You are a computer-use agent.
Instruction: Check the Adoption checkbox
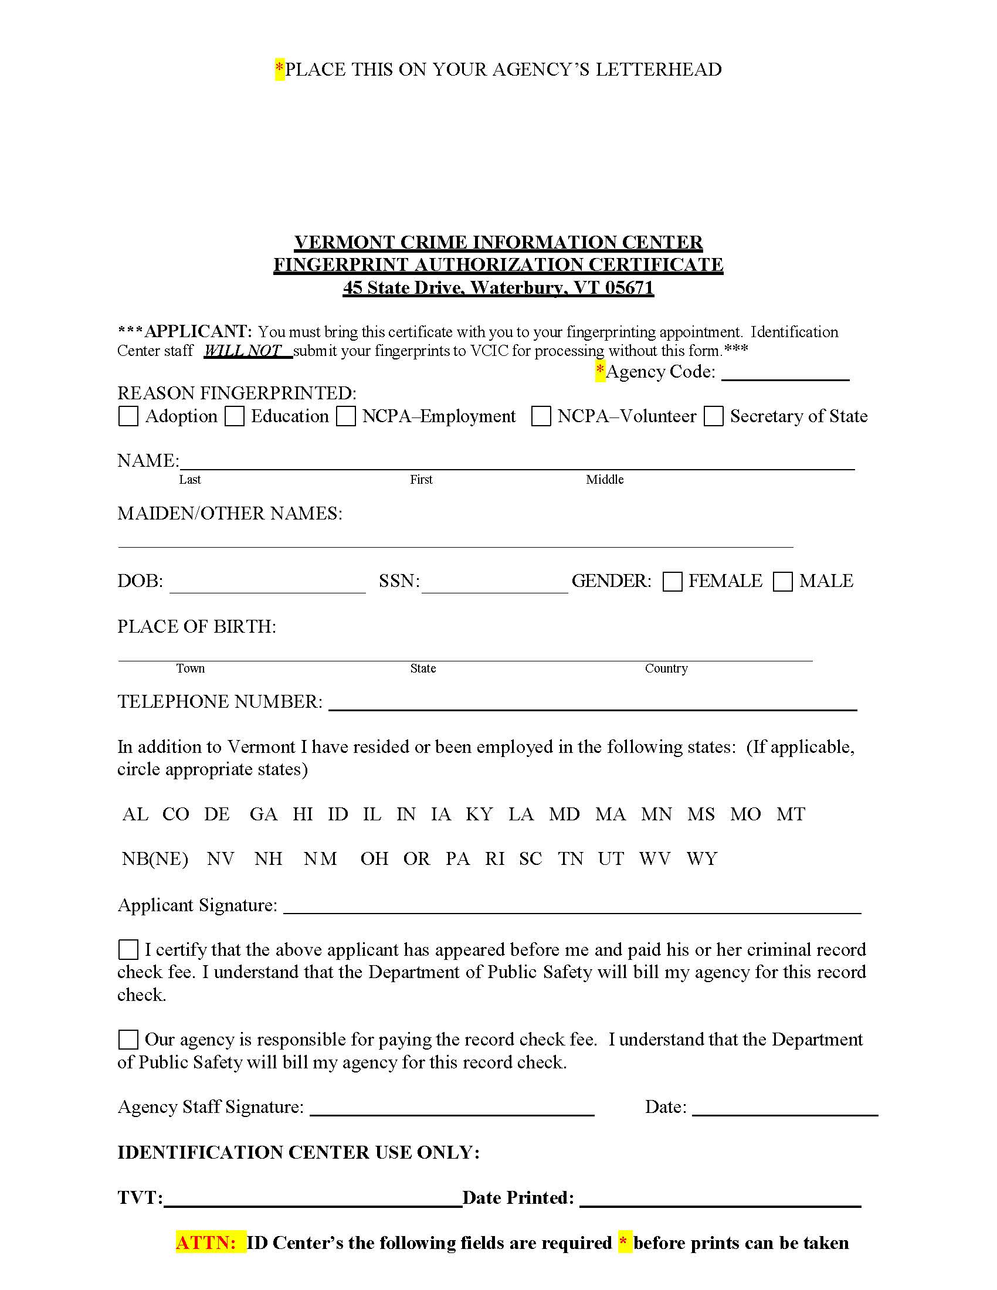click(128, 416)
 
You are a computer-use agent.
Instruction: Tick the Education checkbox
click(235, 416)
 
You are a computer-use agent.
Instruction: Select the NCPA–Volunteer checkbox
click(541, 416)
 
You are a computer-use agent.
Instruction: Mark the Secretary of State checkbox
click(714, 416)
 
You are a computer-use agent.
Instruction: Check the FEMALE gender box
click(672, 581)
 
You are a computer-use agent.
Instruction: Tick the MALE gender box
click(782, 581)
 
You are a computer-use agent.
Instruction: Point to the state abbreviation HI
click(303, 814)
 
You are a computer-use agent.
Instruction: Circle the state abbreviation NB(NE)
click(155, 858)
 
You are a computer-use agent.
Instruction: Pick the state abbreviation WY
click(701, 858)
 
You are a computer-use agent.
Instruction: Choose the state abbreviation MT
click(791, 814)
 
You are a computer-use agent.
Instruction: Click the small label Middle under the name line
click(604, 480)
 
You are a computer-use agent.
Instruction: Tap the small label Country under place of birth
click(666, 668)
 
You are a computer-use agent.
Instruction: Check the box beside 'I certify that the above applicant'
click(128, 950)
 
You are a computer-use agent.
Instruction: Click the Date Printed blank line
click(720, 1200)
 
